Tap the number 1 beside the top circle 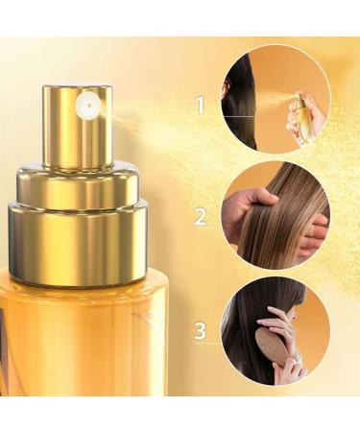pos(200,105)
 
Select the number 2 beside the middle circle pos(200,216)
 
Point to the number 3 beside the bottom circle pos(200,331)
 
